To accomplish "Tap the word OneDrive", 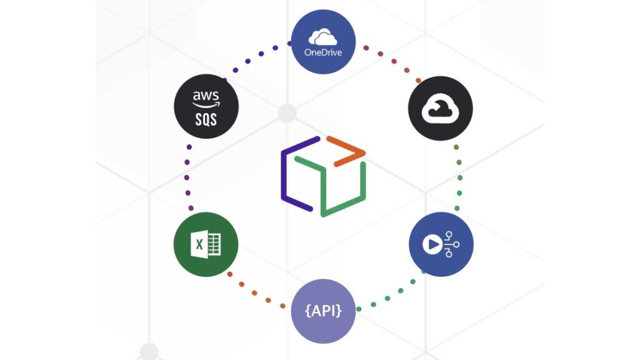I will point(324,52).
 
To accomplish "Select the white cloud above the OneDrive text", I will point(324,37).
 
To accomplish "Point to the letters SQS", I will point(206,119).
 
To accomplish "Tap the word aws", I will point(206,96).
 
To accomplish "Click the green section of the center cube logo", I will point(337,187).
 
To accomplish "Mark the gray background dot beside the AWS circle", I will point(287,114).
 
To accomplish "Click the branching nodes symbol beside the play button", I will point(450,244).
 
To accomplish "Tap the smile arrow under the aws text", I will point(206,104).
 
